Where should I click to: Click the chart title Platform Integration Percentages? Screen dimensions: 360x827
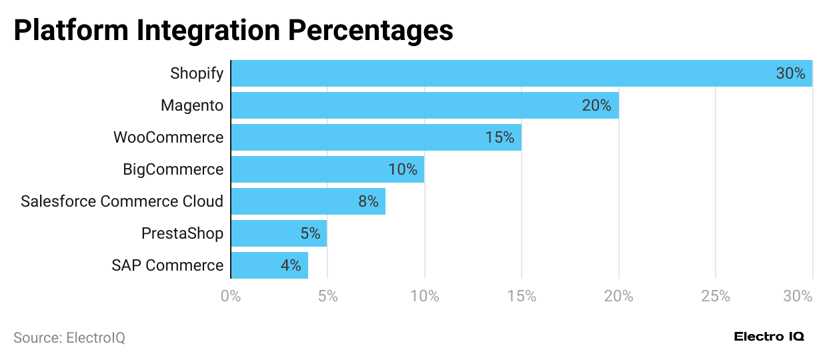[233, 31]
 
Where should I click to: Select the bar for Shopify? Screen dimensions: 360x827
[520, 73]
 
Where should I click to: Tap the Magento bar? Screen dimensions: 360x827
[424, 105]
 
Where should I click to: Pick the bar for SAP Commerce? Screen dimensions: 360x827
[269, 265]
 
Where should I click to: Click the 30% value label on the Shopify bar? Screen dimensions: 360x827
[790, 73]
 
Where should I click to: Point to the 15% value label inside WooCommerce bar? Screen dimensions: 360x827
[500, 137]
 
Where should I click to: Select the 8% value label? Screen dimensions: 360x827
[368, 201]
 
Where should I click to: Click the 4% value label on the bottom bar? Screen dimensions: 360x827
[291, 265]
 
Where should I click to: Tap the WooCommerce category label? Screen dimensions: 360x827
[168, 137]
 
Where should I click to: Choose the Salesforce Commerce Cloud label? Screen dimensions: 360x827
[122, 201]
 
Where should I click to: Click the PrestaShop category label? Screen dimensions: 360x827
[182, 233]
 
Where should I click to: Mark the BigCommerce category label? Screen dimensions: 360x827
[173, 169]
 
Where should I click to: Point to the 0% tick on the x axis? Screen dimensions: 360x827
[231, 296]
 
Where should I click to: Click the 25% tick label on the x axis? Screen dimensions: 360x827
[716, 296]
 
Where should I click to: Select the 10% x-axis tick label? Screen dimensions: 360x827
[425, 296]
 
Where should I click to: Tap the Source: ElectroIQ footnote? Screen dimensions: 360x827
[69, 338]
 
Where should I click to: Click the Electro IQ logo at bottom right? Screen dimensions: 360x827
[769, 337]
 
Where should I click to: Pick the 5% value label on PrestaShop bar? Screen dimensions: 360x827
[310, 233]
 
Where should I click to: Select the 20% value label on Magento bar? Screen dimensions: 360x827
[596, 105]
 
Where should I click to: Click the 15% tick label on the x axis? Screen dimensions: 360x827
[522, 296]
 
